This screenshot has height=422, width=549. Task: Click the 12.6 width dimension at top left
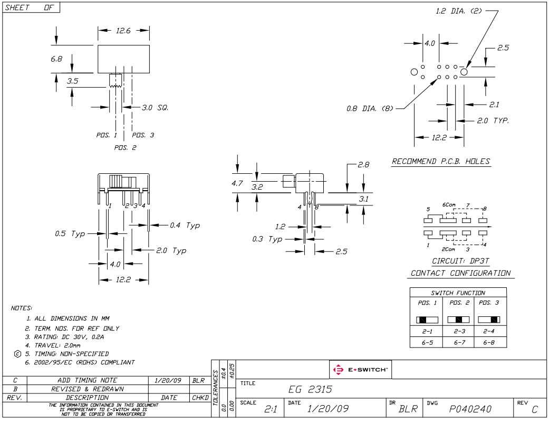coord(123,31)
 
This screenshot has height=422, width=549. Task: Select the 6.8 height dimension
coord(56,59)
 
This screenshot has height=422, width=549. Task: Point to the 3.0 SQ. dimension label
coord(155,107)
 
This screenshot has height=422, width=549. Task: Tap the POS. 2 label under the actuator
coord(125,147)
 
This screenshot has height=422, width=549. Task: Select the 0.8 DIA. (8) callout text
coord(370,108)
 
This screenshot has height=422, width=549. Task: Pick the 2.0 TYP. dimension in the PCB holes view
coord(493,120)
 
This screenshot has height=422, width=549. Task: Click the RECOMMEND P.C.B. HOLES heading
coord(441,161)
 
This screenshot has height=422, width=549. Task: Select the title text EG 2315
coord(311,390)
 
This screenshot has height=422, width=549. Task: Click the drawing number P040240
coord(471,409)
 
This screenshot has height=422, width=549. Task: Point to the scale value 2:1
coord(271,409)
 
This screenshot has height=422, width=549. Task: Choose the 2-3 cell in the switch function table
coord(458,332)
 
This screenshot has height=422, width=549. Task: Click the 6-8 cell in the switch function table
coord(490,342)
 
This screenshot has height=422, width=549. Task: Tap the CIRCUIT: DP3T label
coord(460,261)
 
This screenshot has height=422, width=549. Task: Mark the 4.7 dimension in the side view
coord(239,184)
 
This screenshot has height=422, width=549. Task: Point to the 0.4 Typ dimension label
coord(185,226)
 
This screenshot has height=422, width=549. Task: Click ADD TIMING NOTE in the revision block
coord(87,380)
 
